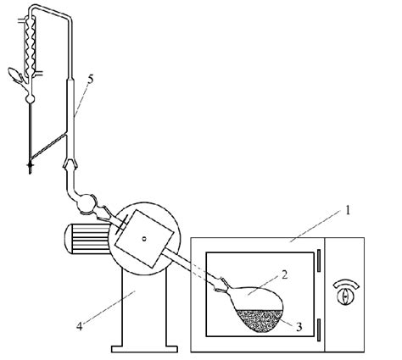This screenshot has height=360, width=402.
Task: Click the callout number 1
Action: click(348, 210)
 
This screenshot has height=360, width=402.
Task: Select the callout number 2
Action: click(284, 274)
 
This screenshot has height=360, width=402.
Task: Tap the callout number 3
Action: click(299, 327)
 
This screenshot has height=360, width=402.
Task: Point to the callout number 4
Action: click(80, 326)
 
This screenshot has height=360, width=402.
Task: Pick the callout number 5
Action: click(91, 79)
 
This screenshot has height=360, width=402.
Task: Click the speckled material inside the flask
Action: click(260, 320)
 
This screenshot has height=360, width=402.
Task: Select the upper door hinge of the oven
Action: click(319, 260)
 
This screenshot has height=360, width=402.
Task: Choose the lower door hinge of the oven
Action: click(319, 330)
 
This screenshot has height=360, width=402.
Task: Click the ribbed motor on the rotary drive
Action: click(87, 239)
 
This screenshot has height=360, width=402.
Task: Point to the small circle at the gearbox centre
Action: click(144, 239)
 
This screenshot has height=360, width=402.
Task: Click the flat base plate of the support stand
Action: click(144, 349)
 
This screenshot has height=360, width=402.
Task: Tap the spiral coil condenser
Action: click(30, 45)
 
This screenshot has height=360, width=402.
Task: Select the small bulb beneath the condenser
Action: click(30, 99)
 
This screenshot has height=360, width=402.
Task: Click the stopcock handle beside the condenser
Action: click(15, 75)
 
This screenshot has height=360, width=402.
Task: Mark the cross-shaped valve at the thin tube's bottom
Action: click(30, 164)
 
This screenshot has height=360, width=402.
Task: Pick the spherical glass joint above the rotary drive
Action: click(87, 202)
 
